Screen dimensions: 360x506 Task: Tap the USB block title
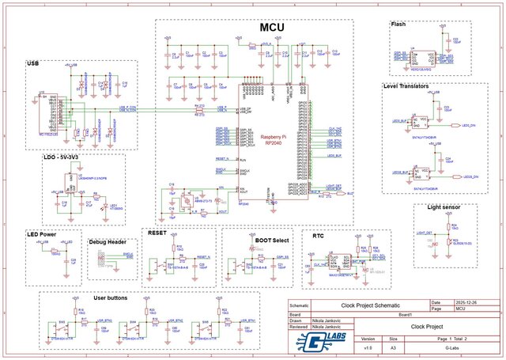(x=32, y=63)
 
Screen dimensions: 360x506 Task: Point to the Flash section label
(x=398, y=24)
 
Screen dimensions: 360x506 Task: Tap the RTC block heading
(x=318, y=235)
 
